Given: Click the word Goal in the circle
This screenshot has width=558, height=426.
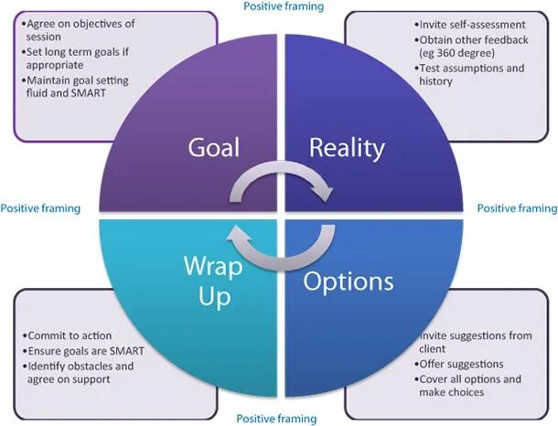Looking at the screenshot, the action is pyautogui.click(x=215, y=148).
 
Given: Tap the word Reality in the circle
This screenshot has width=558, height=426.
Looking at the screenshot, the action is pyautogui.click(x=346, y=148).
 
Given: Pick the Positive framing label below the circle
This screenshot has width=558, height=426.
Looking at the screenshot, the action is pyautogui.click(x=276, y=419).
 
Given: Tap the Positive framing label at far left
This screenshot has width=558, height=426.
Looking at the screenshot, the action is pyautogui.click(x=40, y=208).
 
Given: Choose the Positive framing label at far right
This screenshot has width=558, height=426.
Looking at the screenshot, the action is pyautogui.click(x=517, y=208).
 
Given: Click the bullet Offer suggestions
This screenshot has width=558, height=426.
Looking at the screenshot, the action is pyautogui.click(x=461, y=364).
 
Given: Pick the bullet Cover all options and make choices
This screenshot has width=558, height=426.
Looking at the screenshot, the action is pyautogui.click(x=479, y=385).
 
